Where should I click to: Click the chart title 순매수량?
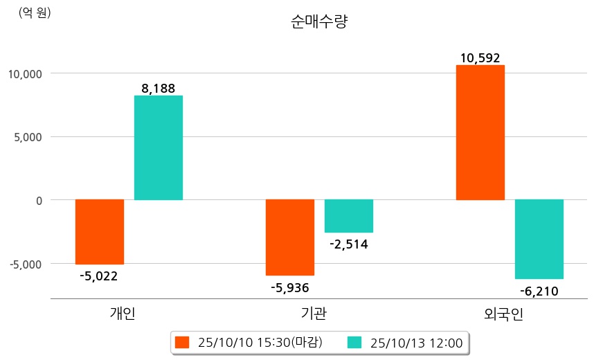click(319, 22)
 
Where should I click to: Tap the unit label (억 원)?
click(35, 12)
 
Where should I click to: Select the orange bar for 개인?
click(100, 232)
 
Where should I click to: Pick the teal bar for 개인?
click(159, 147)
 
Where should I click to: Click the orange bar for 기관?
click(290, 237)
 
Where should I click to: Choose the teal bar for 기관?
click(349, 216)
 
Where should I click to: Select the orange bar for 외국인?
click(480, 132)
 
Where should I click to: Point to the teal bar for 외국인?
click(539, 239)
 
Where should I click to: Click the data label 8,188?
click(158, 88)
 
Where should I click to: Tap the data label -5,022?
click(99, 276)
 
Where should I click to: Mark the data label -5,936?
click(289, 287)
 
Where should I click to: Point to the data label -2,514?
click(349, 244)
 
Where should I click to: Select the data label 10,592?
click(480, 58)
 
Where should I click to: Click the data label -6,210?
click(539, 291)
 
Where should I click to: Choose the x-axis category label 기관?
click(314, 314)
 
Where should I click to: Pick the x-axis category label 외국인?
click(504, 314)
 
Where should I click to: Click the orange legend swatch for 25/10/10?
click(182, 342)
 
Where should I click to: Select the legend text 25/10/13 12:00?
click(417, 342)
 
